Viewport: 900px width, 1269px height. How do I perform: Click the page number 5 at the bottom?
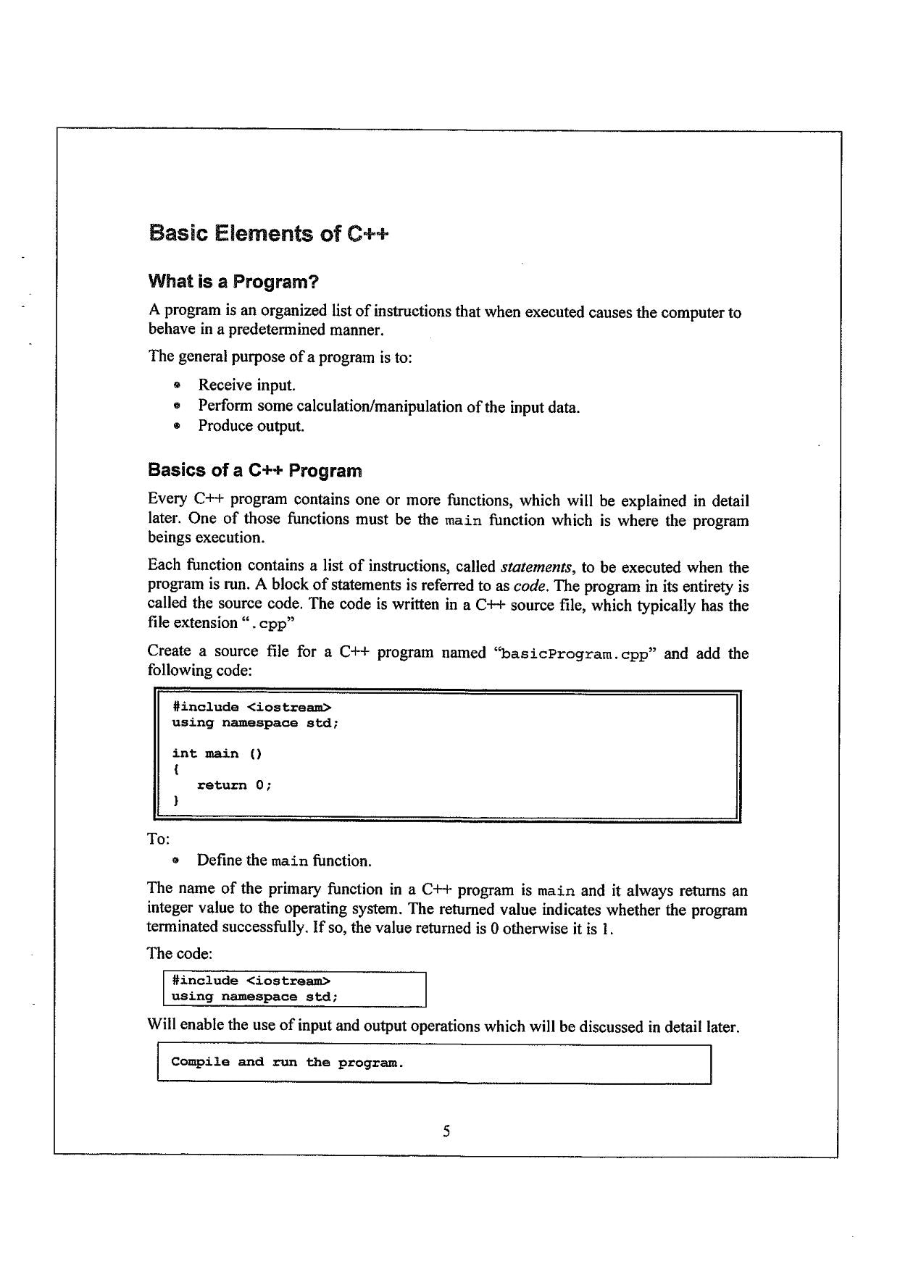[x=446, y=1131]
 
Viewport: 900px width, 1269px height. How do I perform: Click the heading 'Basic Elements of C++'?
[x=268, y=234]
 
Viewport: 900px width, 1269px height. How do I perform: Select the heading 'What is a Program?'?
[x=233, y=281]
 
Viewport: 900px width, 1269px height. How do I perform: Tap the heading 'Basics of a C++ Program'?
[x=254, y=471]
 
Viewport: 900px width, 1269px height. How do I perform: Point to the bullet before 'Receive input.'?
[x=176, y=385]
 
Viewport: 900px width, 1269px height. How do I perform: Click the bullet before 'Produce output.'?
[x=176, y=427]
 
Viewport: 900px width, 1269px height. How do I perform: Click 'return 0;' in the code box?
[x=234, y=785]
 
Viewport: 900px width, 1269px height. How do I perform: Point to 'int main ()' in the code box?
[x=217, y=754]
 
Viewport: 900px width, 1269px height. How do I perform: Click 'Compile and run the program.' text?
[x=287, y=1063]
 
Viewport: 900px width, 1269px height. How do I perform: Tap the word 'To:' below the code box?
[x=159, y=839]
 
